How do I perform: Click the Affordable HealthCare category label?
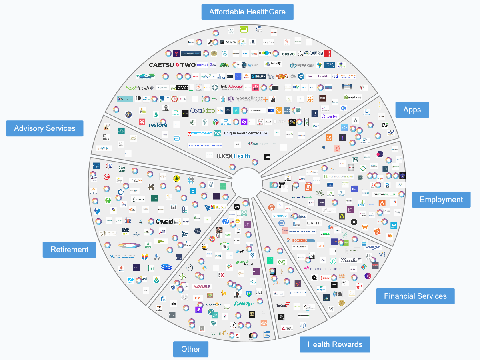[x=247, y=12]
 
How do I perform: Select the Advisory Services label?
[x=44, y=128]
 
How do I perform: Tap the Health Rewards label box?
[x=335, y=344]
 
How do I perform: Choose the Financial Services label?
[x=415, y=296]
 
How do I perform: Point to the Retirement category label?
[x=69, y=250]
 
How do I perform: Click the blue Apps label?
[x=412, y=110]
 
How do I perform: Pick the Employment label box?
[x=441, y=200]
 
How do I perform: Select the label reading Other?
[x=191, y=349]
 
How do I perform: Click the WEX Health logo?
[x=233, y=156]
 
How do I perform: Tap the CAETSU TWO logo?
[x=172, y=65]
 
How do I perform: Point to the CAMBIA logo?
[x=316, y=54]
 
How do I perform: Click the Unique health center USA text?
[x=245, y=133]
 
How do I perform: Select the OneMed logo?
[x=202, y=111]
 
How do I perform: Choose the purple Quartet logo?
[x=330, y=116]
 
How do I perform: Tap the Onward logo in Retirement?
[x=164, y=221]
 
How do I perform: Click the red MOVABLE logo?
[x=202, y=286]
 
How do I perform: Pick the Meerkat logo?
[x=350, y=260]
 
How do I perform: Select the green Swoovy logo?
[x=244, y=304]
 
